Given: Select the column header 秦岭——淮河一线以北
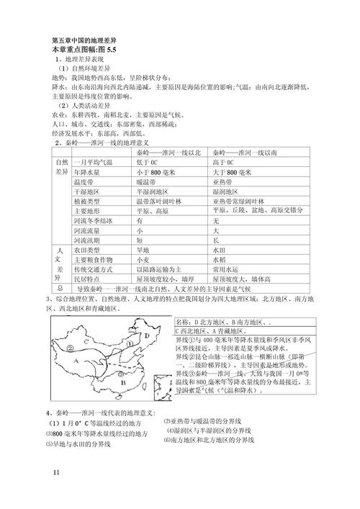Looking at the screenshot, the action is (165, 153).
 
